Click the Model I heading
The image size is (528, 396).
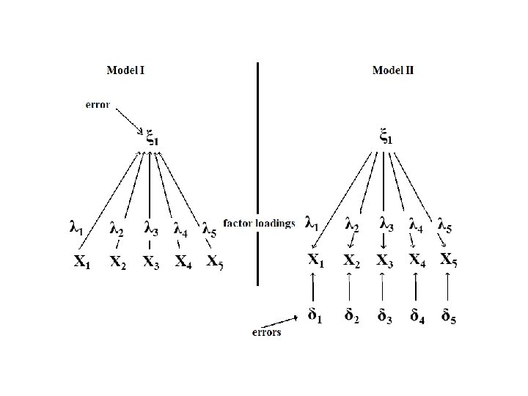pos(125,71)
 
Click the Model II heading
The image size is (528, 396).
pos(393,71)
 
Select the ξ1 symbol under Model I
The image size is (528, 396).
pos(151,136)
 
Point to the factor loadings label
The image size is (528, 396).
pos(258,223)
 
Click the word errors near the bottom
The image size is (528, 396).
pos(265,332)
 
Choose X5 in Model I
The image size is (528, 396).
pos(215,261)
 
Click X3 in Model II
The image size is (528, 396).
pos(384,260)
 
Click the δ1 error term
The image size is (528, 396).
pos(315,317)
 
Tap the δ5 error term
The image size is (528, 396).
pos(450,317)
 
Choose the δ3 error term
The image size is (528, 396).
pos(383,317)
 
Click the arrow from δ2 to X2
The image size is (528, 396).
pos(349,287)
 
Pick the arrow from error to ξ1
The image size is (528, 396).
pos(128,119)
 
